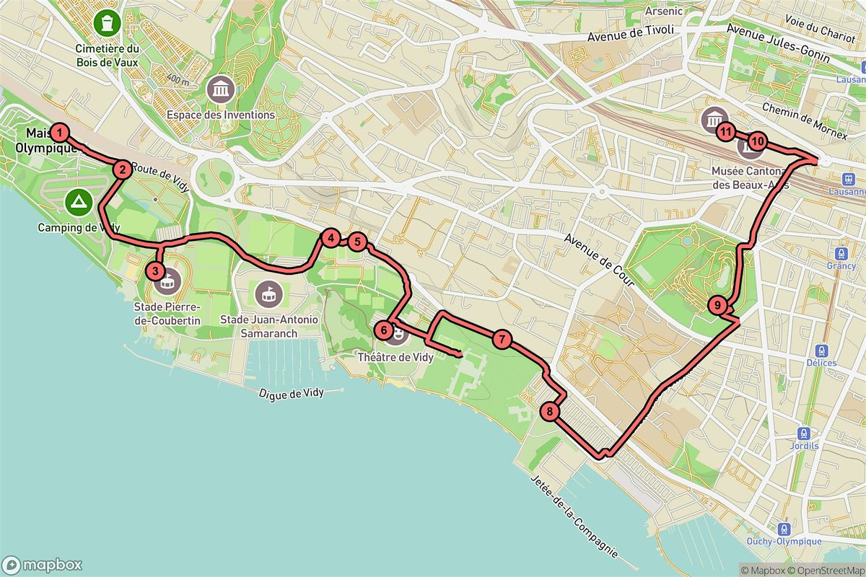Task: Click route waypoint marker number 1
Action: click(x=59, y=133)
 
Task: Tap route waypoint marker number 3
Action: click(x=154, y=271)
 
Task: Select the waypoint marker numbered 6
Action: click(x=385, y=330)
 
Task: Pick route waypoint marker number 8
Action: click(x=550, y=412)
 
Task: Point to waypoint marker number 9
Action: click(x=717, y=305)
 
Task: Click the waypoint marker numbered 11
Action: click(x=726, y=132)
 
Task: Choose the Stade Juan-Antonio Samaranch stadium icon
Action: click(x=269, y=293)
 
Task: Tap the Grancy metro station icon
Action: click(x=841, y=254)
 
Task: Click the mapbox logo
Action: click(x=42, y=565)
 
